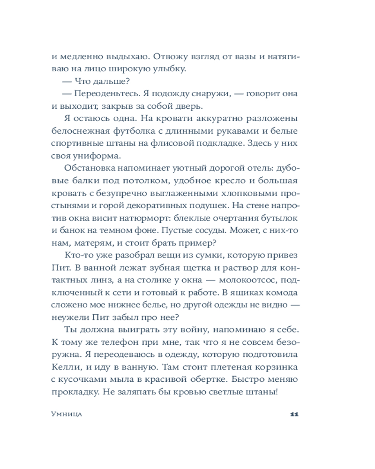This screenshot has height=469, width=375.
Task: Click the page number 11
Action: click(294, 414)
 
